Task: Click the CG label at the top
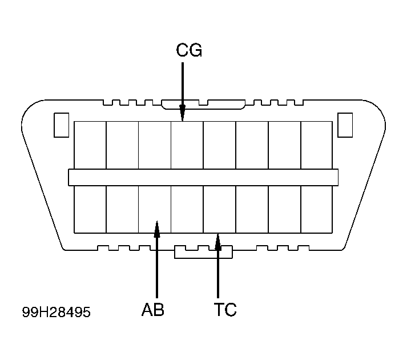tap(189, 50)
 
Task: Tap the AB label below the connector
tap(153, 309)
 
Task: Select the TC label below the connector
tap(225, 309)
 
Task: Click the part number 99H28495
tap(57, 312)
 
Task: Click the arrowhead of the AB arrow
tap(157, 229)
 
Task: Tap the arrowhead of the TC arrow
tap(218, 242)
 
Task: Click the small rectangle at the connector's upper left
tap(61, 125)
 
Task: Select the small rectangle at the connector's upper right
tap(345, 125)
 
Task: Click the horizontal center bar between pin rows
tap(203, 178)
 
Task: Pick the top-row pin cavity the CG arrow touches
tap(187, 145)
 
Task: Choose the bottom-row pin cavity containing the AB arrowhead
tap(155, 210)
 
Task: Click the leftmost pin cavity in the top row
tap(90, 145)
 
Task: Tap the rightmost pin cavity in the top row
tap(317, 145)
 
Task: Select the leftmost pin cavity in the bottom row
tap(90, 210)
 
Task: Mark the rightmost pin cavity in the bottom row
tap(317, 210)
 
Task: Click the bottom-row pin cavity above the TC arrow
tap(220, 210)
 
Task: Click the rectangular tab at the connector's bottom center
tap(203, 252)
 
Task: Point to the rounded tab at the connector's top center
tap(203, 104)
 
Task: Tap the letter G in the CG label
tap(196, 50)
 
